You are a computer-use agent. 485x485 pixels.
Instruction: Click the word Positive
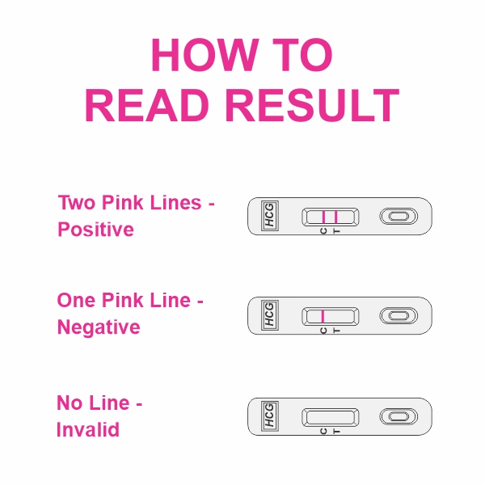click(x=95, y=230)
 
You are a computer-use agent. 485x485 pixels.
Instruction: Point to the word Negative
click(x=99, y=327)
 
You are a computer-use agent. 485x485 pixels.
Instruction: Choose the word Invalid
click(x=88, y=429)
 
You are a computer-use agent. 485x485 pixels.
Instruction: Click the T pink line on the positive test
click(x=335, y=216)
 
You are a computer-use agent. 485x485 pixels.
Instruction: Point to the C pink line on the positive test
click(x=323, y=216)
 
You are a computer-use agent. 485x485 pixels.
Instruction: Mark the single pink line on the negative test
click(x=323, y=315)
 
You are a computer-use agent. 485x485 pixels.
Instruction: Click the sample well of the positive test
click(x=398, y=216)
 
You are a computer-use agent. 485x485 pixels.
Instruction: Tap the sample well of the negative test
click(x=398, y=315)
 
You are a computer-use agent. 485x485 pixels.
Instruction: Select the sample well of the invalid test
click(x=398, y=415)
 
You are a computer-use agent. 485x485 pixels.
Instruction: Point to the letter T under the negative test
click(x=336, y=331)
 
